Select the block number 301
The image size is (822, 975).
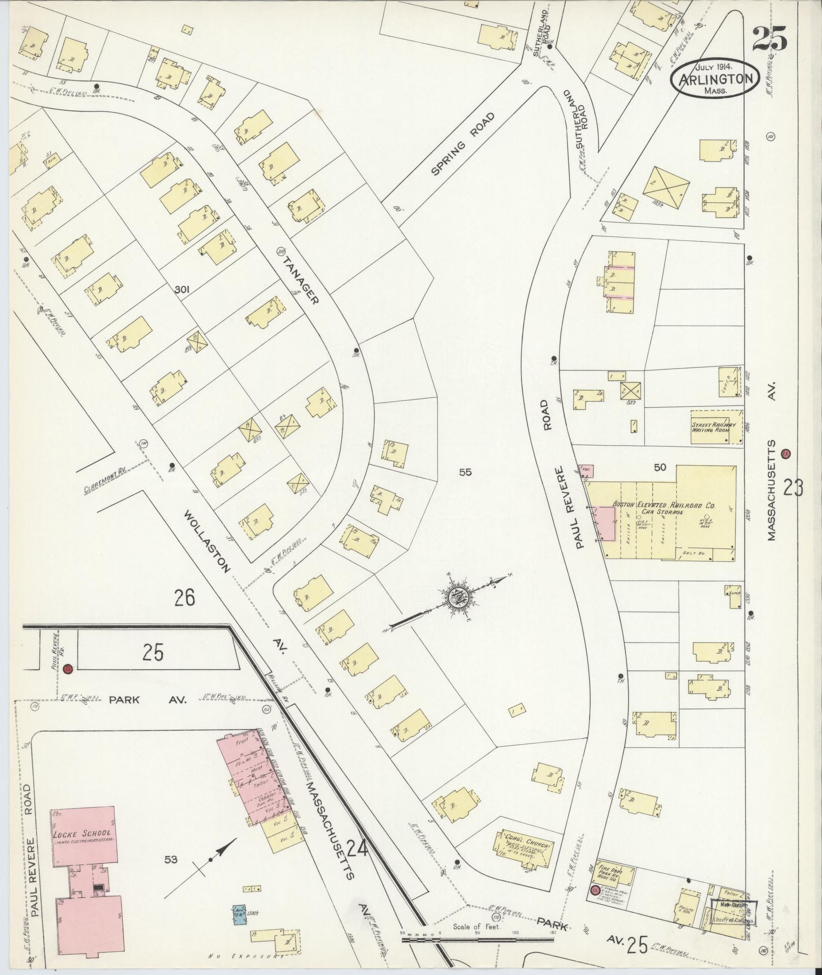182,290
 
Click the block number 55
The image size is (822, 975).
465,472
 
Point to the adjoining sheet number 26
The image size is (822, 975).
184,597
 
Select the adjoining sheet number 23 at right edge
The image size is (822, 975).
793,488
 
